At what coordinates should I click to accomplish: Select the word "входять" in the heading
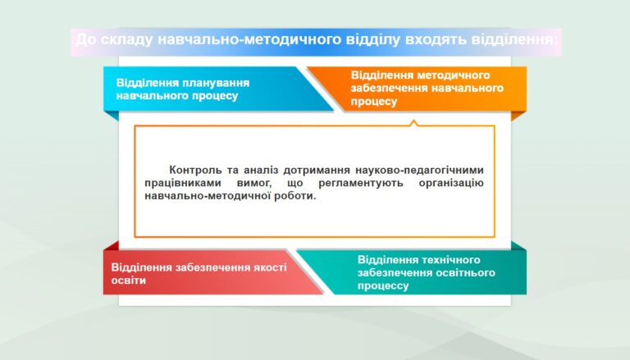pos(436,40)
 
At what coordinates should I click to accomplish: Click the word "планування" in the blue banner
pos(216,83)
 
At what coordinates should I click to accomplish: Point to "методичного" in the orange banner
pos(454,75)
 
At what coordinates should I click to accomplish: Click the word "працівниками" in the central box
pos(184,183)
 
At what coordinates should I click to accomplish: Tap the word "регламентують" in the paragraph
pos(361,183)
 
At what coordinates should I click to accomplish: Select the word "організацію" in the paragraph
pos(451,183)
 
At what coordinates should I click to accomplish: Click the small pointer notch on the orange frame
pos(413,122)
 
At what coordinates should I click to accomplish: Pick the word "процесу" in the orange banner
pos(374,101)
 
